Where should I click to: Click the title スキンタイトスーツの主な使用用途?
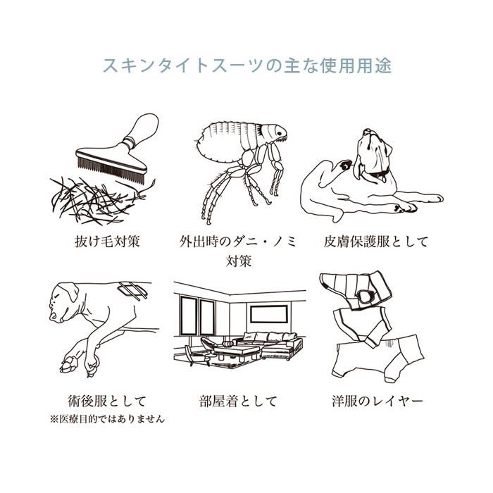tap(247, 65)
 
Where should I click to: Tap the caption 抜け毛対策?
tap(107, 242)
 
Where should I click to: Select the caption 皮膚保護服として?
tap(375, 242)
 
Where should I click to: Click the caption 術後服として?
tap(107, 401)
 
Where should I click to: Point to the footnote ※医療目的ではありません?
tap(107, 419)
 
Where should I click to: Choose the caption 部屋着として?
tap(238, 401)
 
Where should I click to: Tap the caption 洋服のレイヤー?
tap(377, 401)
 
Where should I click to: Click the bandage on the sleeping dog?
tap(133, 289)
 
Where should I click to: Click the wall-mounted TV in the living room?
tap(269, 314)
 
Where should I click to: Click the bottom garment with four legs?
tap(380, 357)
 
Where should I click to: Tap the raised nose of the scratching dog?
tap(367, 132)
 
